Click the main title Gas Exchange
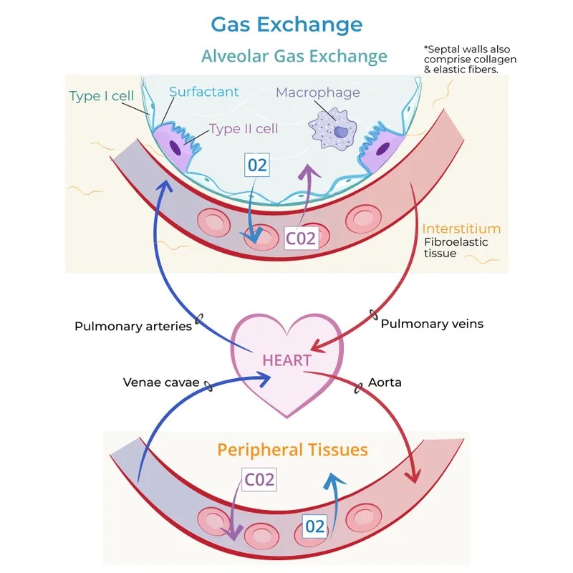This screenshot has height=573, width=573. point(286,24)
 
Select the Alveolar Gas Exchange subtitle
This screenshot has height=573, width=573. point(294,57)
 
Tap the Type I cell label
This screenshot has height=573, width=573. point(101,96)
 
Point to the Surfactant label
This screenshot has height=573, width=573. point(204,92)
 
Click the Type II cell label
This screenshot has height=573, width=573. point(244,129)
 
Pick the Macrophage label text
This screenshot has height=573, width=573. point(318,92)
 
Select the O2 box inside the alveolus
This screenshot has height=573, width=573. point(257,165)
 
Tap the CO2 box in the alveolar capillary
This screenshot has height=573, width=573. point(301,238)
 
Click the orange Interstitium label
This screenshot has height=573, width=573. point(461,228)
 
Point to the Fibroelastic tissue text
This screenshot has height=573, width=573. point(456,248)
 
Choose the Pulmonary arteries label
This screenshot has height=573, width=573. point(133,327)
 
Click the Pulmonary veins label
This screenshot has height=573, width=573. point(432,324)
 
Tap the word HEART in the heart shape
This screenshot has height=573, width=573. point(286,360)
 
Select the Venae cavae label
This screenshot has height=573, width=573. point(160,382)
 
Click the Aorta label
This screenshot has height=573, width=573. point(385,382)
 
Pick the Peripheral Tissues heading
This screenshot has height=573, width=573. point(292,450)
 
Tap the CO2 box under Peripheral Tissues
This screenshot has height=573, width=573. point(259,479)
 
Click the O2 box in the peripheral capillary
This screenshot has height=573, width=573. point(315,526)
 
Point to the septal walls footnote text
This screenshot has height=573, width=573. point(471,59)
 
